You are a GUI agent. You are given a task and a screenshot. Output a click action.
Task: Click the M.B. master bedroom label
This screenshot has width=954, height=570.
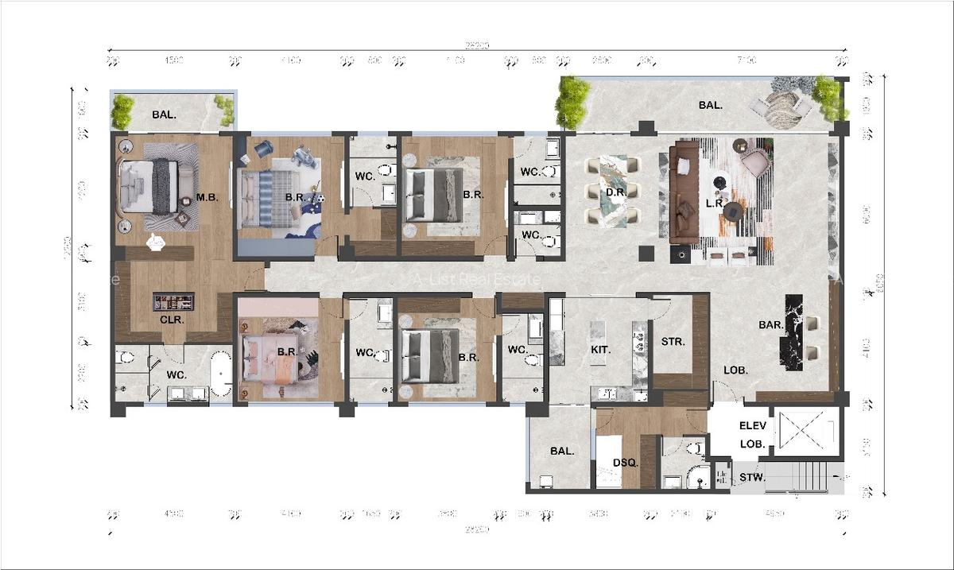207,197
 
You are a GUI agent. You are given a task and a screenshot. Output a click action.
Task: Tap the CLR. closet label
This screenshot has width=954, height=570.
172,320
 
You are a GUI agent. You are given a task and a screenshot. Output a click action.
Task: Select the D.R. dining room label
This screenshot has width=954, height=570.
614,192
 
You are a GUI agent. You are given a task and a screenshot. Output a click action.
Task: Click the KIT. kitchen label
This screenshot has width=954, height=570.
600,349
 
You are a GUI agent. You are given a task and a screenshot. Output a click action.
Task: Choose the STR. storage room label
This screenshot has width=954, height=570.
673,342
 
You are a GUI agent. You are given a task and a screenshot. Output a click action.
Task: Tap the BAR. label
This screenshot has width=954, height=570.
770,325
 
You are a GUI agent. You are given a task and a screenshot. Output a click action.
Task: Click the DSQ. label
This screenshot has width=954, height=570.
622,463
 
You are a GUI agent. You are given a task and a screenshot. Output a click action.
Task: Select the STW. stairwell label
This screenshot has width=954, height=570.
752,478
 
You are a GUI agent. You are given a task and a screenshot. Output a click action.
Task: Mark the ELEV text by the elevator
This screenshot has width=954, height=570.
753,426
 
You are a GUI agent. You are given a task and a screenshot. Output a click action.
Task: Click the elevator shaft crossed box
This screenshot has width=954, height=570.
806,432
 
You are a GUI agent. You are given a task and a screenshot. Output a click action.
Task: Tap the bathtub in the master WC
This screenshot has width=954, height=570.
221,375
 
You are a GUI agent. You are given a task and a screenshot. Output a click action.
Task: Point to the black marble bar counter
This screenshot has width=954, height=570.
794,332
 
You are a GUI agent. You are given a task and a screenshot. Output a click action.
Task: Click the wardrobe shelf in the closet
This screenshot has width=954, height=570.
173,301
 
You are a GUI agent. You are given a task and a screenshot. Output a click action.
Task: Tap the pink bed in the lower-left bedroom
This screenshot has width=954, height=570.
270,356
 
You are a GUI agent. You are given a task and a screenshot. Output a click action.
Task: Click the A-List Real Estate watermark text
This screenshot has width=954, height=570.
477,280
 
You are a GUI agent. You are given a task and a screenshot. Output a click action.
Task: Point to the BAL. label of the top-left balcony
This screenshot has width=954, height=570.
164,114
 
